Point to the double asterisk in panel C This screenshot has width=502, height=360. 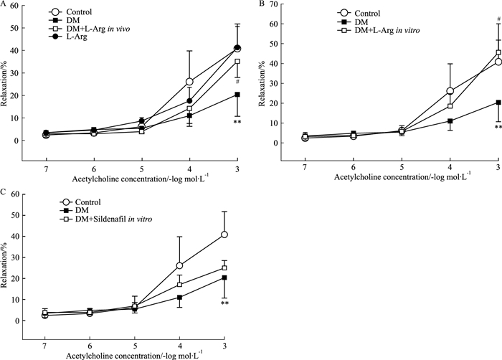click(224, 304)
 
